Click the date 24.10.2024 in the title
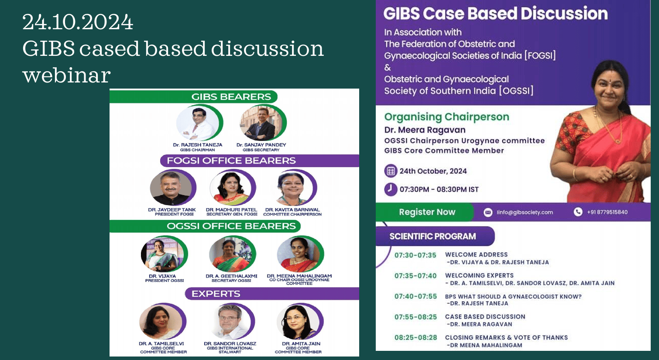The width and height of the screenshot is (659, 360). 78,22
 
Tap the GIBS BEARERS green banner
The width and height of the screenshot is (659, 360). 193,97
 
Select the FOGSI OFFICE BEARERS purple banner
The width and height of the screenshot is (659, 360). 260,161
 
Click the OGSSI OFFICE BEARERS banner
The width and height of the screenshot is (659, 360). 205,226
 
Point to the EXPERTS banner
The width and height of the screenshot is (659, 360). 272,294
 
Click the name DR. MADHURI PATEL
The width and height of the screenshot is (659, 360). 232,210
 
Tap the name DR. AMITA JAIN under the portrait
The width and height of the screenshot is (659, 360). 301,343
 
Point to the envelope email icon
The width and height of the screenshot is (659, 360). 488,212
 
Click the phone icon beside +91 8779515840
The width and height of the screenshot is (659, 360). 578,212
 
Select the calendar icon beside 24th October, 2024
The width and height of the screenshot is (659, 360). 391,171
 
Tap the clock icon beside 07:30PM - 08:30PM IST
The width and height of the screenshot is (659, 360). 391,189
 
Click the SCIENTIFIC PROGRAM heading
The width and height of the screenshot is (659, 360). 432,236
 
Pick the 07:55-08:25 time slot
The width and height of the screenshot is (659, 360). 415,317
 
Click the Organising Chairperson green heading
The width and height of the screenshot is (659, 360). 446,117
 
